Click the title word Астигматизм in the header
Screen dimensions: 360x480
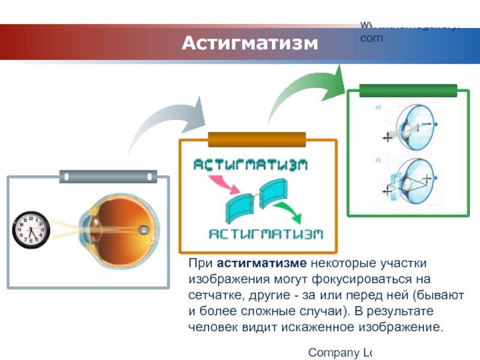pos(249,43)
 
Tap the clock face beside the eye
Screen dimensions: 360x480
pos(31,230)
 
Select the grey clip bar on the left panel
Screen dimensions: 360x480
pos(108,177)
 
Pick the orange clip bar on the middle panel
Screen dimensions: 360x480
pos(257,140)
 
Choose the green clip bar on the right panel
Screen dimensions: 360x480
pos(408,91)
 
